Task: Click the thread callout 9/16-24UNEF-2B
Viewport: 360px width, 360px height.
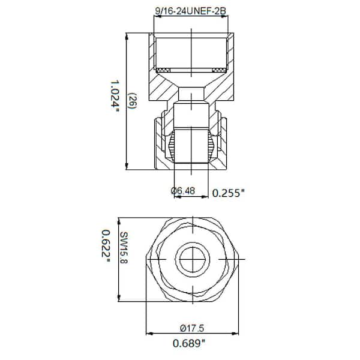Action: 191,10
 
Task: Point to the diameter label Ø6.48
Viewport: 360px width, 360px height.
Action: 184,191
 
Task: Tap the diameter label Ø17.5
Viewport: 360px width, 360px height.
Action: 191,328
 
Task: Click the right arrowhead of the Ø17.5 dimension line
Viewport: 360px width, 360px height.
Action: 234,334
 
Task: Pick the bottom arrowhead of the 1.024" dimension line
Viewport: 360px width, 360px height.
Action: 127,167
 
